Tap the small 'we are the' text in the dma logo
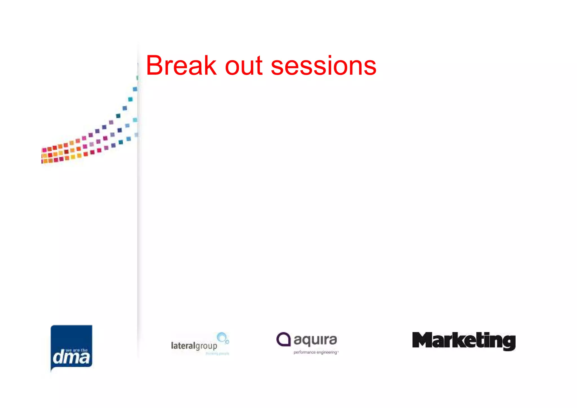(x=76, y=351)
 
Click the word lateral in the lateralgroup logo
(x=183, y=345)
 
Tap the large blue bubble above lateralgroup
(x=221, y=337)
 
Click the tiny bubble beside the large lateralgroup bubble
(x=227, y=342)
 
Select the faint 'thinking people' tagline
(x=217, y=354)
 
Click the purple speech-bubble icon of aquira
(x=283, y=339)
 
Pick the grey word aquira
(x=315, y=340)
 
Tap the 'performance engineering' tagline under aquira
(x=315, y=352)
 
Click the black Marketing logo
(x=464, y=341)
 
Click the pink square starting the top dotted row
(x=44, y=150)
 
